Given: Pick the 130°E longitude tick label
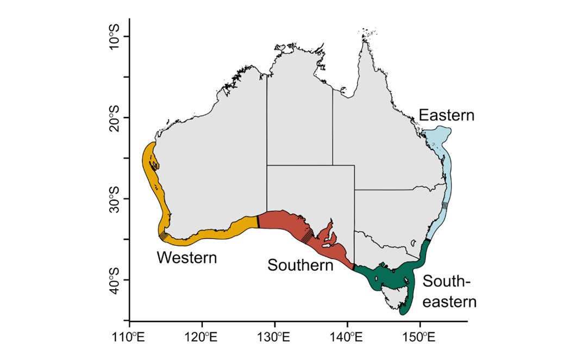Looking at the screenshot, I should [274, 338].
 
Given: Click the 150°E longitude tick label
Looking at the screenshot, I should [419, 338].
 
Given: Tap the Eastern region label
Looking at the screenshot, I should [447, 115].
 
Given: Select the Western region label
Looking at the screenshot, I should [186, 257].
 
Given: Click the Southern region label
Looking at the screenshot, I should [300, 265].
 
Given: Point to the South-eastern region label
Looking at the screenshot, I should [449, 291].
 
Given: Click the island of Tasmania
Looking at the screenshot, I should [394, 299].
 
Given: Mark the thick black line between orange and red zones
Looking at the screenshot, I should [258, 222].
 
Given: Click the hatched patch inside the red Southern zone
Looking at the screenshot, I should [308, 236].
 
